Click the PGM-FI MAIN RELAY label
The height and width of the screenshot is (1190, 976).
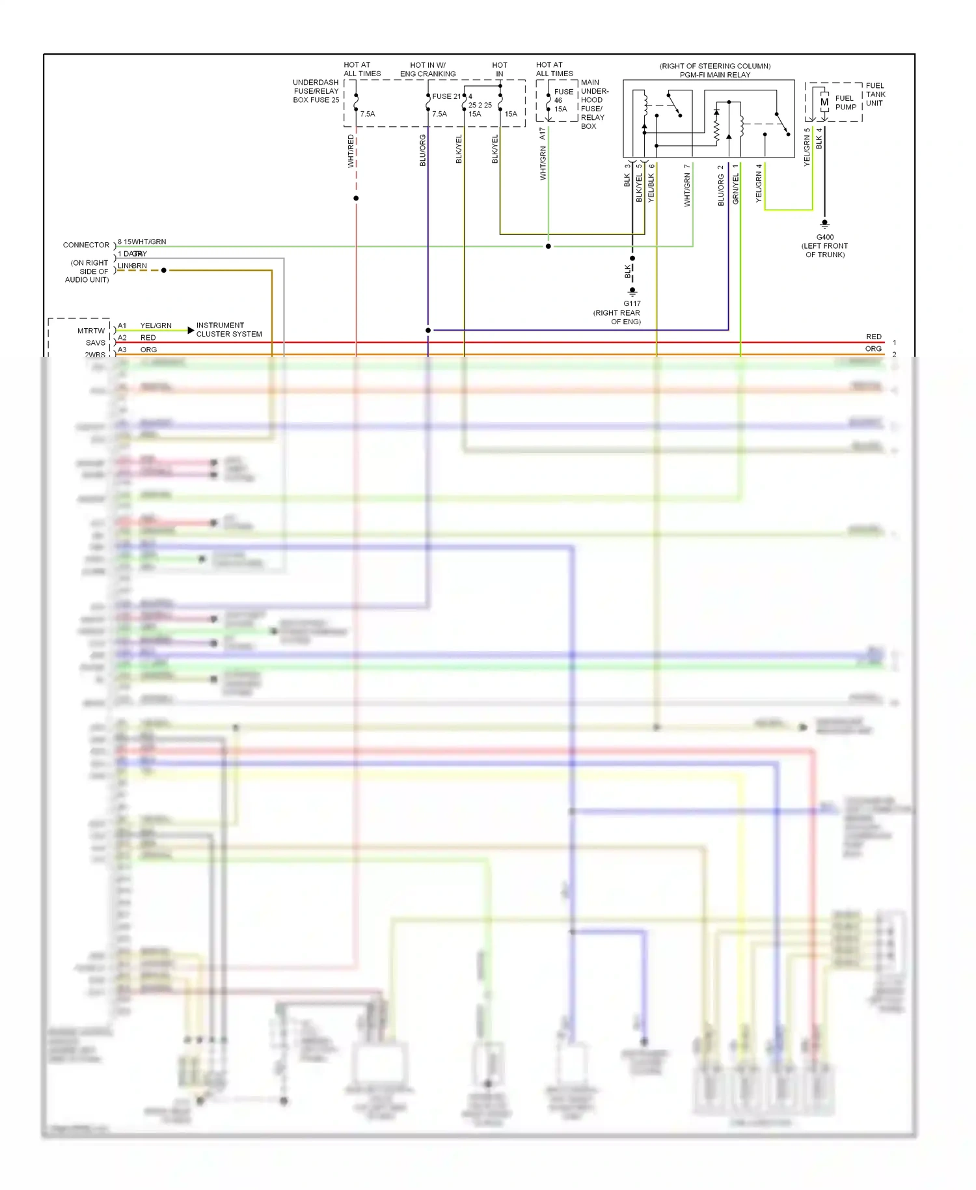[714, 75]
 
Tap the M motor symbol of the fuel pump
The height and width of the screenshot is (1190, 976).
[824, 102]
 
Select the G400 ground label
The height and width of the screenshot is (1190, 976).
[824, 238]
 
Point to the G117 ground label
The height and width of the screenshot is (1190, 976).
[632, 303]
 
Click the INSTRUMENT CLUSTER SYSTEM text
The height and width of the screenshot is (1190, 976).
[229, 329]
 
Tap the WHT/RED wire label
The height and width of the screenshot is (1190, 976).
[351, 151]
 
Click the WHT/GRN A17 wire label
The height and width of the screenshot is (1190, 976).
[543, 154]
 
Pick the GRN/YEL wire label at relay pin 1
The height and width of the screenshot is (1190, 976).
[736, 184]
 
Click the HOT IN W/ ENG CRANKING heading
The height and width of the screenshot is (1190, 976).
[427, 70]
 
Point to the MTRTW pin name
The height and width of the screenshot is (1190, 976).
[91, 331]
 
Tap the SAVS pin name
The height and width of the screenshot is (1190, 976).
[96, 343]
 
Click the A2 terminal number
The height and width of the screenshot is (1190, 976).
[122, 338]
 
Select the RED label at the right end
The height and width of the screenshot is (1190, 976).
[873, 337]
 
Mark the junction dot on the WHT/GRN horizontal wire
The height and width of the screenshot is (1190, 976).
[549, 247]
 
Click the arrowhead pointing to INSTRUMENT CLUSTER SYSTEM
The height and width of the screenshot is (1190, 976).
[191, 331]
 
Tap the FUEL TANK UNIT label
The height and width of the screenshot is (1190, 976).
[875, 94]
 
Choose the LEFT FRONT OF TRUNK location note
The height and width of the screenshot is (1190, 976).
[824, 250]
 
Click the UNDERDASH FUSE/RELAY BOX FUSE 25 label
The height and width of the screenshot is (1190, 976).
[316, 91]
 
